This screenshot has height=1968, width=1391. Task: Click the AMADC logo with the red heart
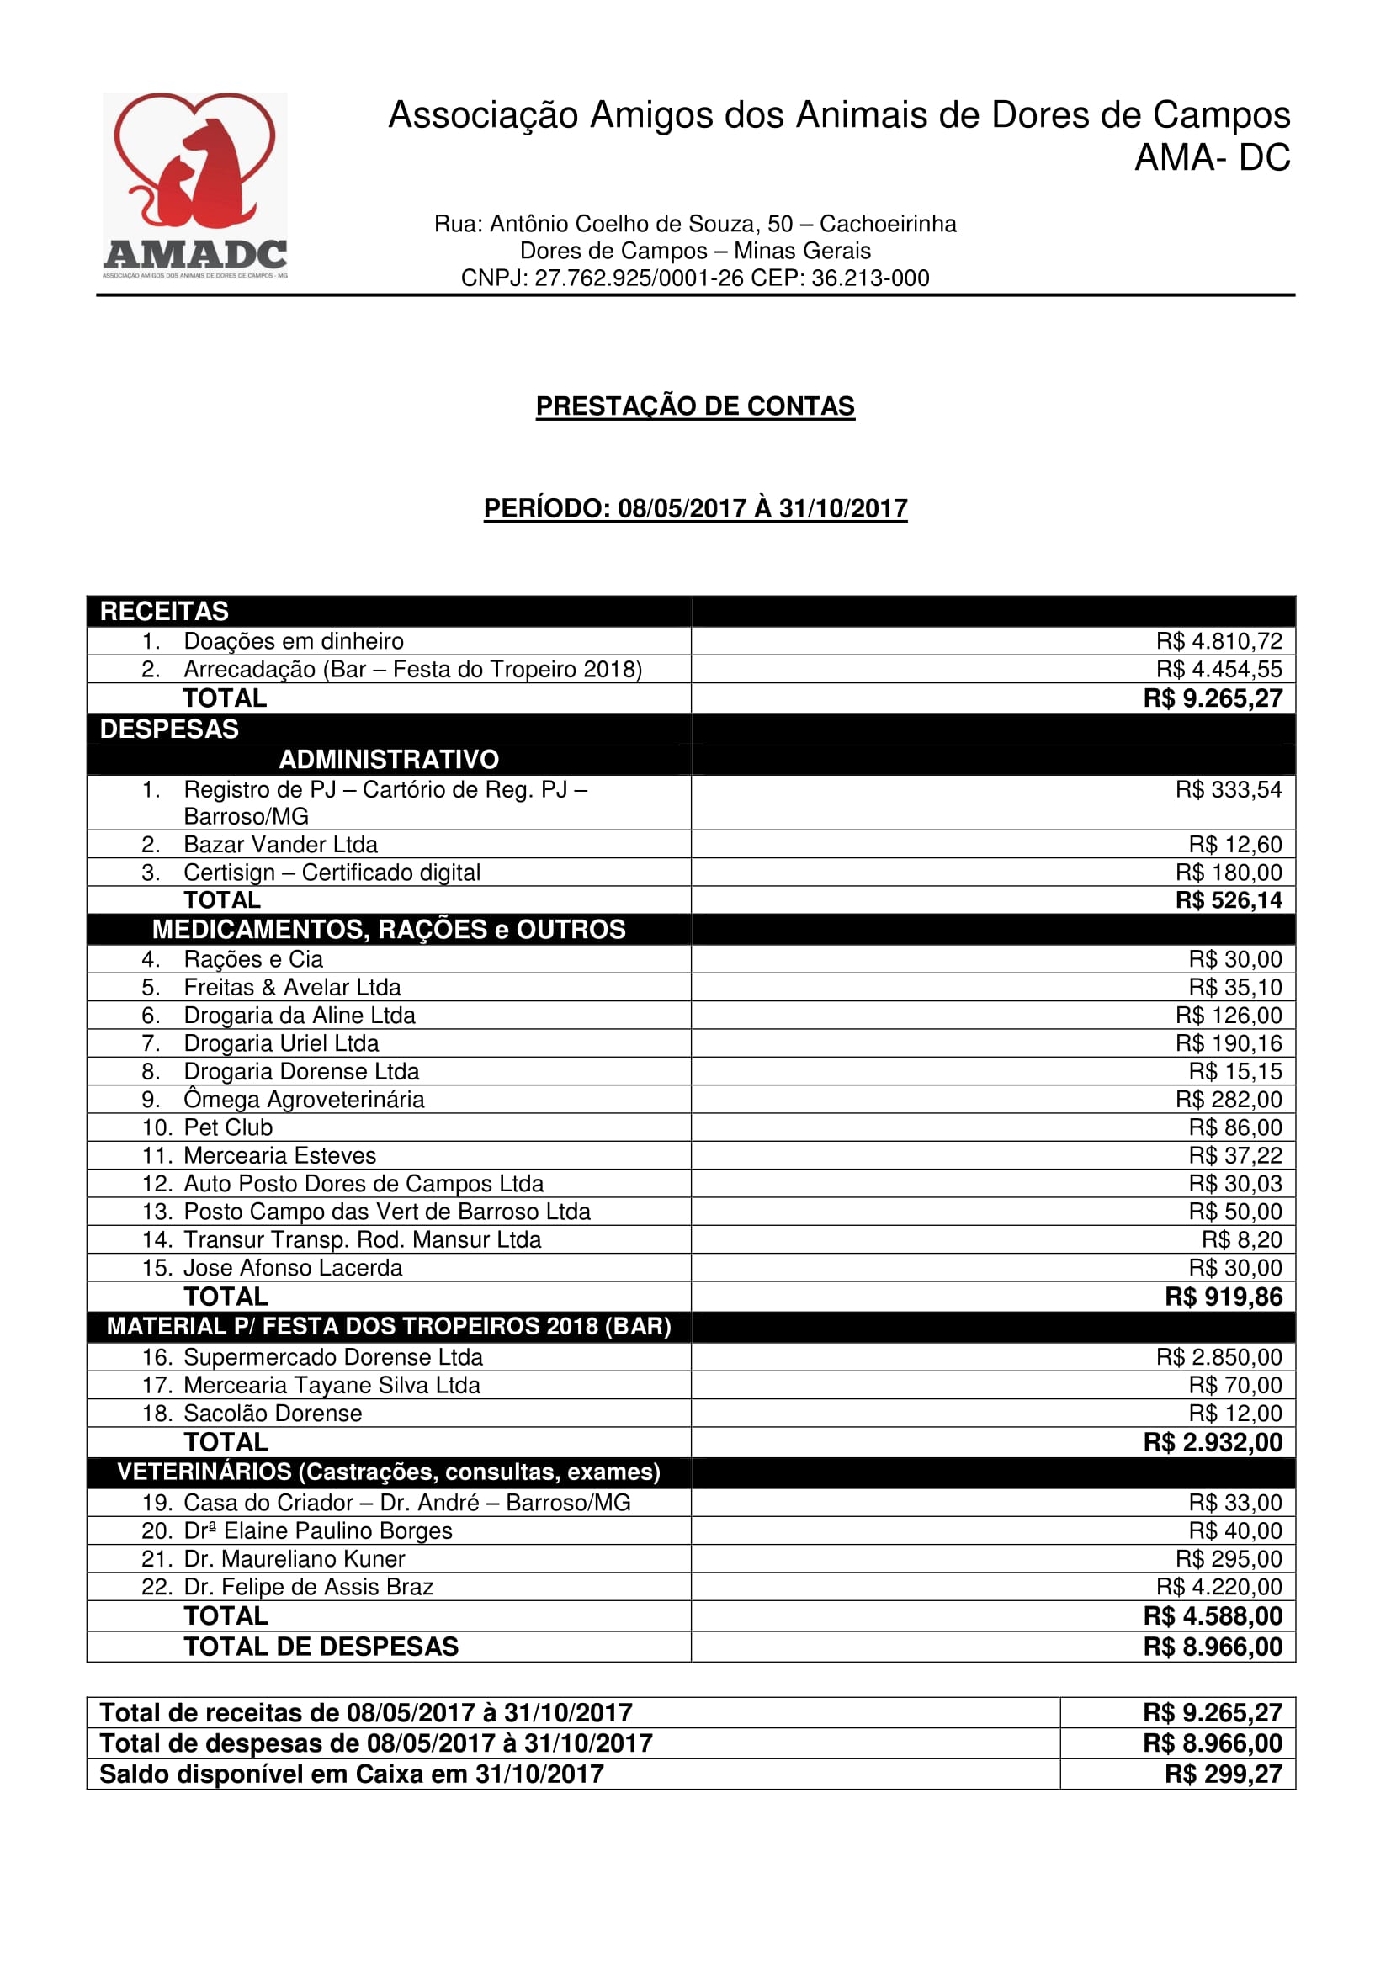[194, 185]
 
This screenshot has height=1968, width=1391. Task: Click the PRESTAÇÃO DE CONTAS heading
[695, 406]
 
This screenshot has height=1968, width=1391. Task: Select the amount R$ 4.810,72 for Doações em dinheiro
[1218, 641]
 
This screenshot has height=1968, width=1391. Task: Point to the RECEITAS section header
[165, 611]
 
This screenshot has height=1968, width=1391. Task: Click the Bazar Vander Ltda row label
[280, 844]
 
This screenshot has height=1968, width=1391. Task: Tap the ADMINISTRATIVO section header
[388, 760]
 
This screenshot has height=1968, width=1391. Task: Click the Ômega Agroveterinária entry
[304, 1100]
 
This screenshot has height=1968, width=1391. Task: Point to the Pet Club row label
[228, 1127]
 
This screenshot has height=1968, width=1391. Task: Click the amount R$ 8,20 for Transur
[1241, 1239]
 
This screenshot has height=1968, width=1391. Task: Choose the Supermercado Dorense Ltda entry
[332, 1357]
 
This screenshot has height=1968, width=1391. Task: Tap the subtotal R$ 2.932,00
[1212, 1442]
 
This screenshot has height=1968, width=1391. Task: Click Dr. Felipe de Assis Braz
[309, 1587]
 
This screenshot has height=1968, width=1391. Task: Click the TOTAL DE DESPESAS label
[321, 1647]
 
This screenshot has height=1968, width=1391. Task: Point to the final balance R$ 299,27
[1223, 1774]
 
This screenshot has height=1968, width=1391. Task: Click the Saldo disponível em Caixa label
[352, 1774]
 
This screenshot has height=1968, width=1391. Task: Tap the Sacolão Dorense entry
[273, 1414]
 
